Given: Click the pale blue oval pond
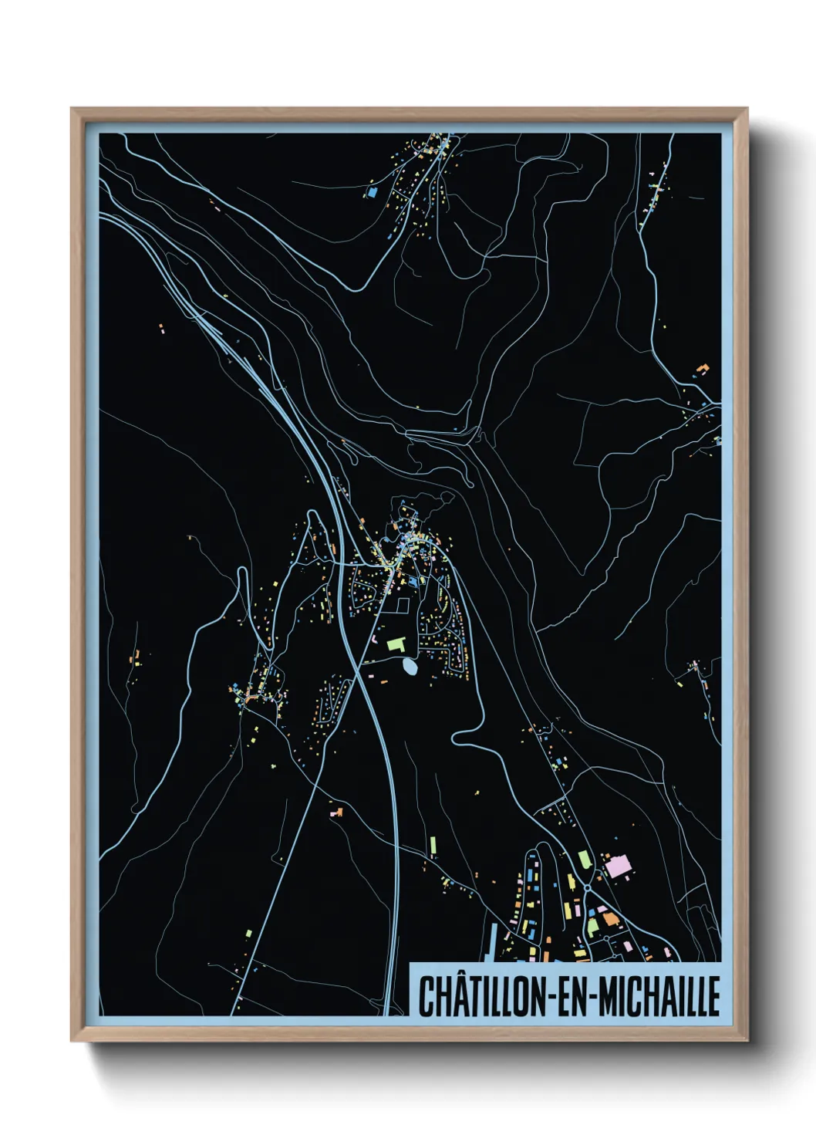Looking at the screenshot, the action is tap(410, 666).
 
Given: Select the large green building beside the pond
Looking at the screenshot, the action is tap(396, 642).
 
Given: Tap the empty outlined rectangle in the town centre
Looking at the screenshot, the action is tap(402, 606).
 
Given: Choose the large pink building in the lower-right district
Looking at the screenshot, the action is tap(618, 866).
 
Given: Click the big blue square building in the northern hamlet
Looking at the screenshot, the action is tap(373, 191).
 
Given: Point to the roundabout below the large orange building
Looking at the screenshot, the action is tap(607, 938).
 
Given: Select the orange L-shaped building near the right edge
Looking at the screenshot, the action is tap(702, 369).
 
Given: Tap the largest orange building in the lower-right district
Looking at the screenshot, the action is tap(609, 918).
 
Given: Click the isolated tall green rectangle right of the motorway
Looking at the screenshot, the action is tap(433, 846).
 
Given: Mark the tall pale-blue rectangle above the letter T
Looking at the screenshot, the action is tap(491, 943).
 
